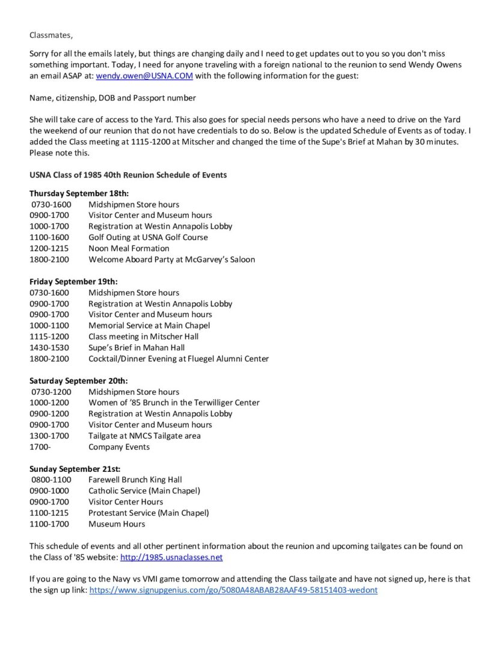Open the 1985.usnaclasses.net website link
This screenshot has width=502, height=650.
(171, 557)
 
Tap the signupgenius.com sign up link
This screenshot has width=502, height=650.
(233, 590)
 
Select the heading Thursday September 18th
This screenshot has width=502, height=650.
(79, 193)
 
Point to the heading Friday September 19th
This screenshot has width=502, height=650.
(73, 282)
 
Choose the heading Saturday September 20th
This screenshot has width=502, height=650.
(78, 381)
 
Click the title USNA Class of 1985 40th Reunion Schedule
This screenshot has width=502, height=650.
(128, 175)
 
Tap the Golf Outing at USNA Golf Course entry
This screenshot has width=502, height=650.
(148, 237)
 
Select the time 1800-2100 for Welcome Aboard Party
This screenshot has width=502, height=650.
(49, 259)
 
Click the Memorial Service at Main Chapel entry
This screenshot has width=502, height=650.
(149, 326)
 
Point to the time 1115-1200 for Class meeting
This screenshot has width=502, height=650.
(49, 336)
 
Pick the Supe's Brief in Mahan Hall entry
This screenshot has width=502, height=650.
(136, 348)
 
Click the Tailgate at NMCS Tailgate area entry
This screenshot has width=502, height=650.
(144, 436)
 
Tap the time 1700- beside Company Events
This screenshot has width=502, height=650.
(40, 447)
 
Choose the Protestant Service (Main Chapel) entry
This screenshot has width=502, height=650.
(148, 513)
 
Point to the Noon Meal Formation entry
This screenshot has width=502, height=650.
(129, 249)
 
